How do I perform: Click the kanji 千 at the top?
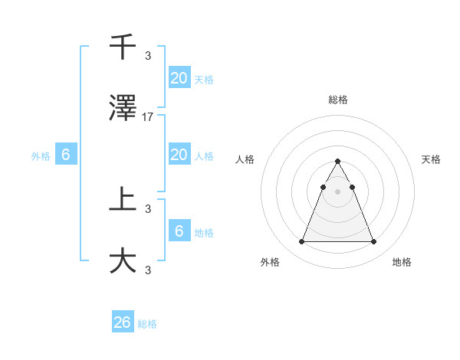tap(123, 47)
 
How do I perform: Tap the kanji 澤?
tap(123, 110)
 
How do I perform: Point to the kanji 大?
tap(123, 261)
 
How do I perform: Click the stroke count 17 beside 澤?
tap(148, 117)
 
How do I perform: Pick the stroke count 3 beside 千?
tap(148, 55)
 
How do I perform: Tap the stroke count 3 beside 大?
tap(148, 269)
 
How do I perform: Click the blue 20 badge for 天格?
tap(179, 77)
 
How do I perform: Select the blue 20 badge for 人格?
tap(179, 154)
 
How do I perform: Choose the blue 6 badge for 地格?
tap(179, 231)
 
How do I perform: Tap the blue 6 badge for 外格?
tap(66, 155)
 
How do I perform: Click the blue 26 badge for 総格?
tap(123, 322)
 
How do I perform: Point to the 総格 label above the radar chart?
tap(337, 100)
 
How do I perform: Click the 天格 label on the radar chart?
tap(431, 159)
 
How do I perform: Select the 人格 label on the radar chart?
tap(245, 159)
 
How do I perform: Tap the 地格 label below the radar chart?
tap(402, 262)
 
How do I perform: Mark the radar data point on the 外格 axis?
tap(301, 242)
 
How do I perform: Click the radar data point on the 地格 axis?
tap(373, 242)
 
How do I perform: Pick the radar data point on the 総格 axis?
tap(337, 162)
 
